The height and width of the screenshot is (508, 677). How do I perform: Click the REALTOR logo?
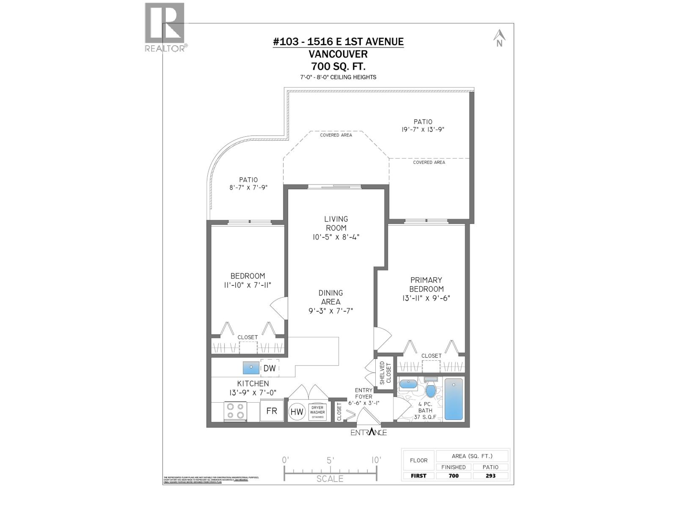pyautogui.click(x=165, y=28)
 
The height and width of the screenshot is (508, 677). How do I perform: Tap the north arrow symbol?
pyautogui.click(x=499, y=38)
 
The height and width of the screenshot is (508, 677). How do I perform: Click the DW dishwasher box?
pyautogui.click(x=270, y=368)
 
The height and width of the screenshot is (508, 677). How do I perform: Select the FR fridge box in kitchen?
pyautogui.click(x=272, y=411)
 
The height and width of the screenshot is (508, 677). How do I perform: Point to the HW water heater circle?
pyautogui.click(x=297, y=411)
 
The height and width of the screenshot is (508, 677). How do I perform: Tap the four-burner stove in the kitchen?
pyautogui.click(x=235, y=411)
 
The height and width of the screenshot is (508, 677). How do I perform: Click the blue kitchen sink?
pyautogui.click(x=251, y=367)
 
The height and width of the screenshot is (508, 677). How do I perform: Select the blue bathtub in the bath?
pyautogui.click(x=454, y=399)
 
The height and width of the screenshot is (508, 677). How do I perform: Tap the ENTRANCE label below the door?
pyautogui.click(x=369, y=432)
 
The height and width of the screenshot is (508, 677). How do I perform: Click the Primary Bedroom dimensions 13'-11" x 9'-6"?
pyautogui.click(x=427, y=298)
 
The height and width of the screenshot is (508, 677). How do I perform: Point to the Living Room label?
pyautogui.click(x=336, y=223)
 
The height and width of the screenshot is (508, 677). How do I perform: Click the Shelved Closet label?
pyautogui.click(x=385, y=373)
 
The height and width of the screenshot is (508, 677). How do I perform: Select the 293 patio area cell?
pyautogui.click(x=490, y=475)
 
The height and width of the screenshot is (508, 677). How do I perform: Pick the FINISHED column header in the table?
pyautogui.click(x=453, y=467)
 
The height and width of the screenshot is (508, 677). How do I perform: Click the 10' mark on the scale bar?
pyautogui.click(x=376, y=460)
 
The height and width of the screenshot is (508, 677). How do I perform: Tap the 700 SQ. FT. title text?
pyautogui.click(x=338, y=66)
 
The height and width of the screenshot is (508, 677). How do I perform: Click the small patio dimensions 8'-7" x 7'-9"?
pyautogui.click(x=249, y=188)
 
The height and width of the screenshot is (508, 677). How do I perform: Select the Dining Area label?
pyautogui.click(x=330, y=297)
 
